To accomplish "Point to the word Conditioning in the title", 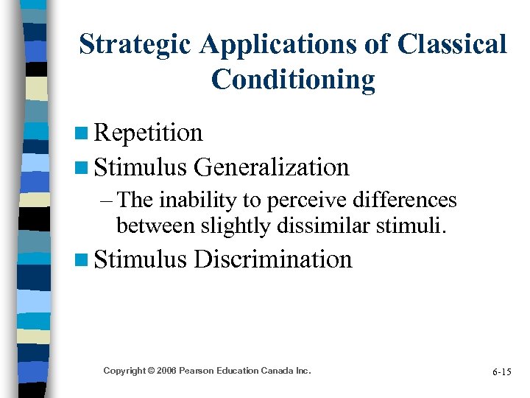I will pos(293,80).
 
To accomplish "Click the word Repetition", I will pos(149,133).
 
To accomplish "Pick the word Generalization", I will pos(272,167).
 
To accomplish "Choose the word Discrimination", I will pos(273,259).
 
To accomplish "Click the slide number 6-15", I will pos(502,372).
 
